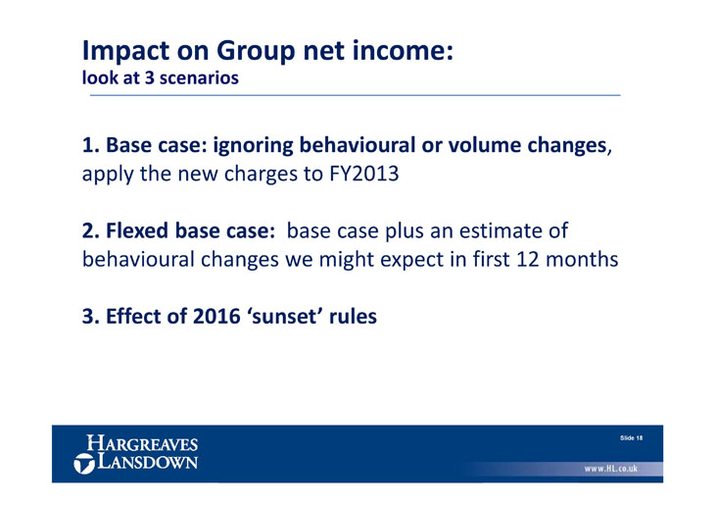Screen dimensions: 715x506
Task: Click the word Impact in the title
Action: coord(125,51)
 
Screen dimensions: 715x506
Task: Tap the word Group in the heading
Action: coord(256,51)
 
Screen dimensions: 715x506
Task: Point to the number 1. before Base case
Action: coord(91,145)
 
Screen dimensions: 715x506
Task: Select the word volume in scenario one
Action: coord(485,145)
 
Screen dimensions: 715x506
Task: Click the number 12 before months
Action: coord(528,260)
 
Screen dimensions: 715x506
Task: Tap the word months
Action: coord(582,260)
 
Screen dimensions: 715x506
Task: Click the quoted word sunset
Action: coord(285,317)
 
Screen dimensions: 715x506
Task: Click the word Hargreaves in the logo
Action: coord(142,443)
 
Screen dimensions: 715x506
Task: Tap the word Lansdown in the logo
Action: coord(148,461)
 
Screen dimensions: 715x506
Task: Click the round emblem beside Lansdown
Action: coord(84,464)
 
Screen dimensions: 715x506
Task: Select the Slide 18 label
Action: coord(631,438)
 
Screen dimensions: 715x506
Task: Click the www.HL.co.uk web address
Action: coord(611,469)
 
